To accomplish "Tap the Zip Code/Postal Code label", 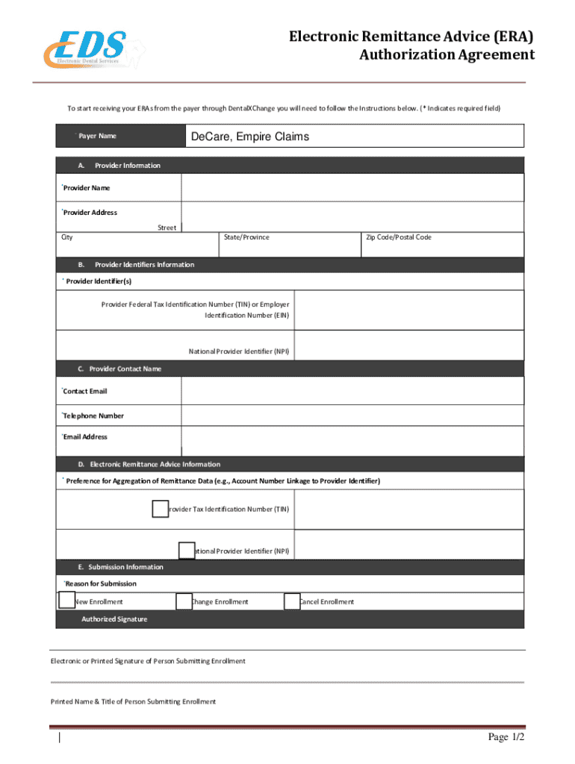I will click(398, 237).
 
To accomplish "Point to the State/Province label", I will click(246, 237).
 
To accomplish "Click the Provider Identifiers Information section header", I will click(144, 265).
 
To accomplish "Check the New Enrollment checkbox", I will click(67, 600).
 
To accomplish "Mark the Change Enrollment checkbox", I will click(184, 601).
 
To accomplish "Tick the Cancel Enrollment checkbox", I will click(292, 601).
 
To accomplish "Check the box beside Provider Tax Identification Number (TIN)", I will click(160, 509).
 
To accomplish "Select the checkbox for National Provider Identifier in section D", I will click(187, 551).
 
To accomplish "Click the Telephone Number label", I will click(93, 416).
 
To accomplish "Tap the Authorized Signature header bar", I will click(114, 619).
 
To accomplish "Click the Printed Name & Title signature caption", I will click(133, 701).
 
